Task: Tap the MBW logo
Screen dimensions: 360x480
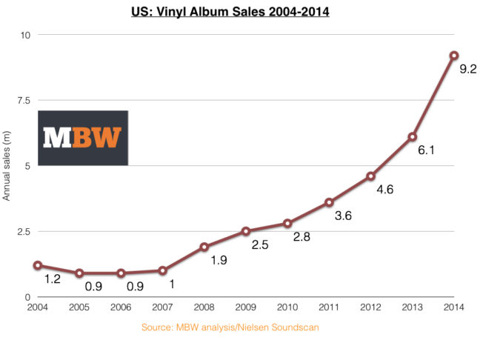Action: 83,138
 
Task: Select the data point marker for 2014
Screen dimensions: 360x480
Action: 454,56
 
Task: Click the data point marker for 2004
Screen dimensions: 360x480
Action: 37,265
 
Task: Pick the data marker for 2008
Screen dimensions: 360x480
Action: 204,247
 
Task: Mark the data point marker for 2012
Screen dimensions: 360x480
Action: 370,176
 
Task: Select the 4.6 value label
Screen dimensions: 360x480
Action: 384,190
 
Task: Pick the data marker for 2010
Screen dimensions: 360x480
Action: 287,223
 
